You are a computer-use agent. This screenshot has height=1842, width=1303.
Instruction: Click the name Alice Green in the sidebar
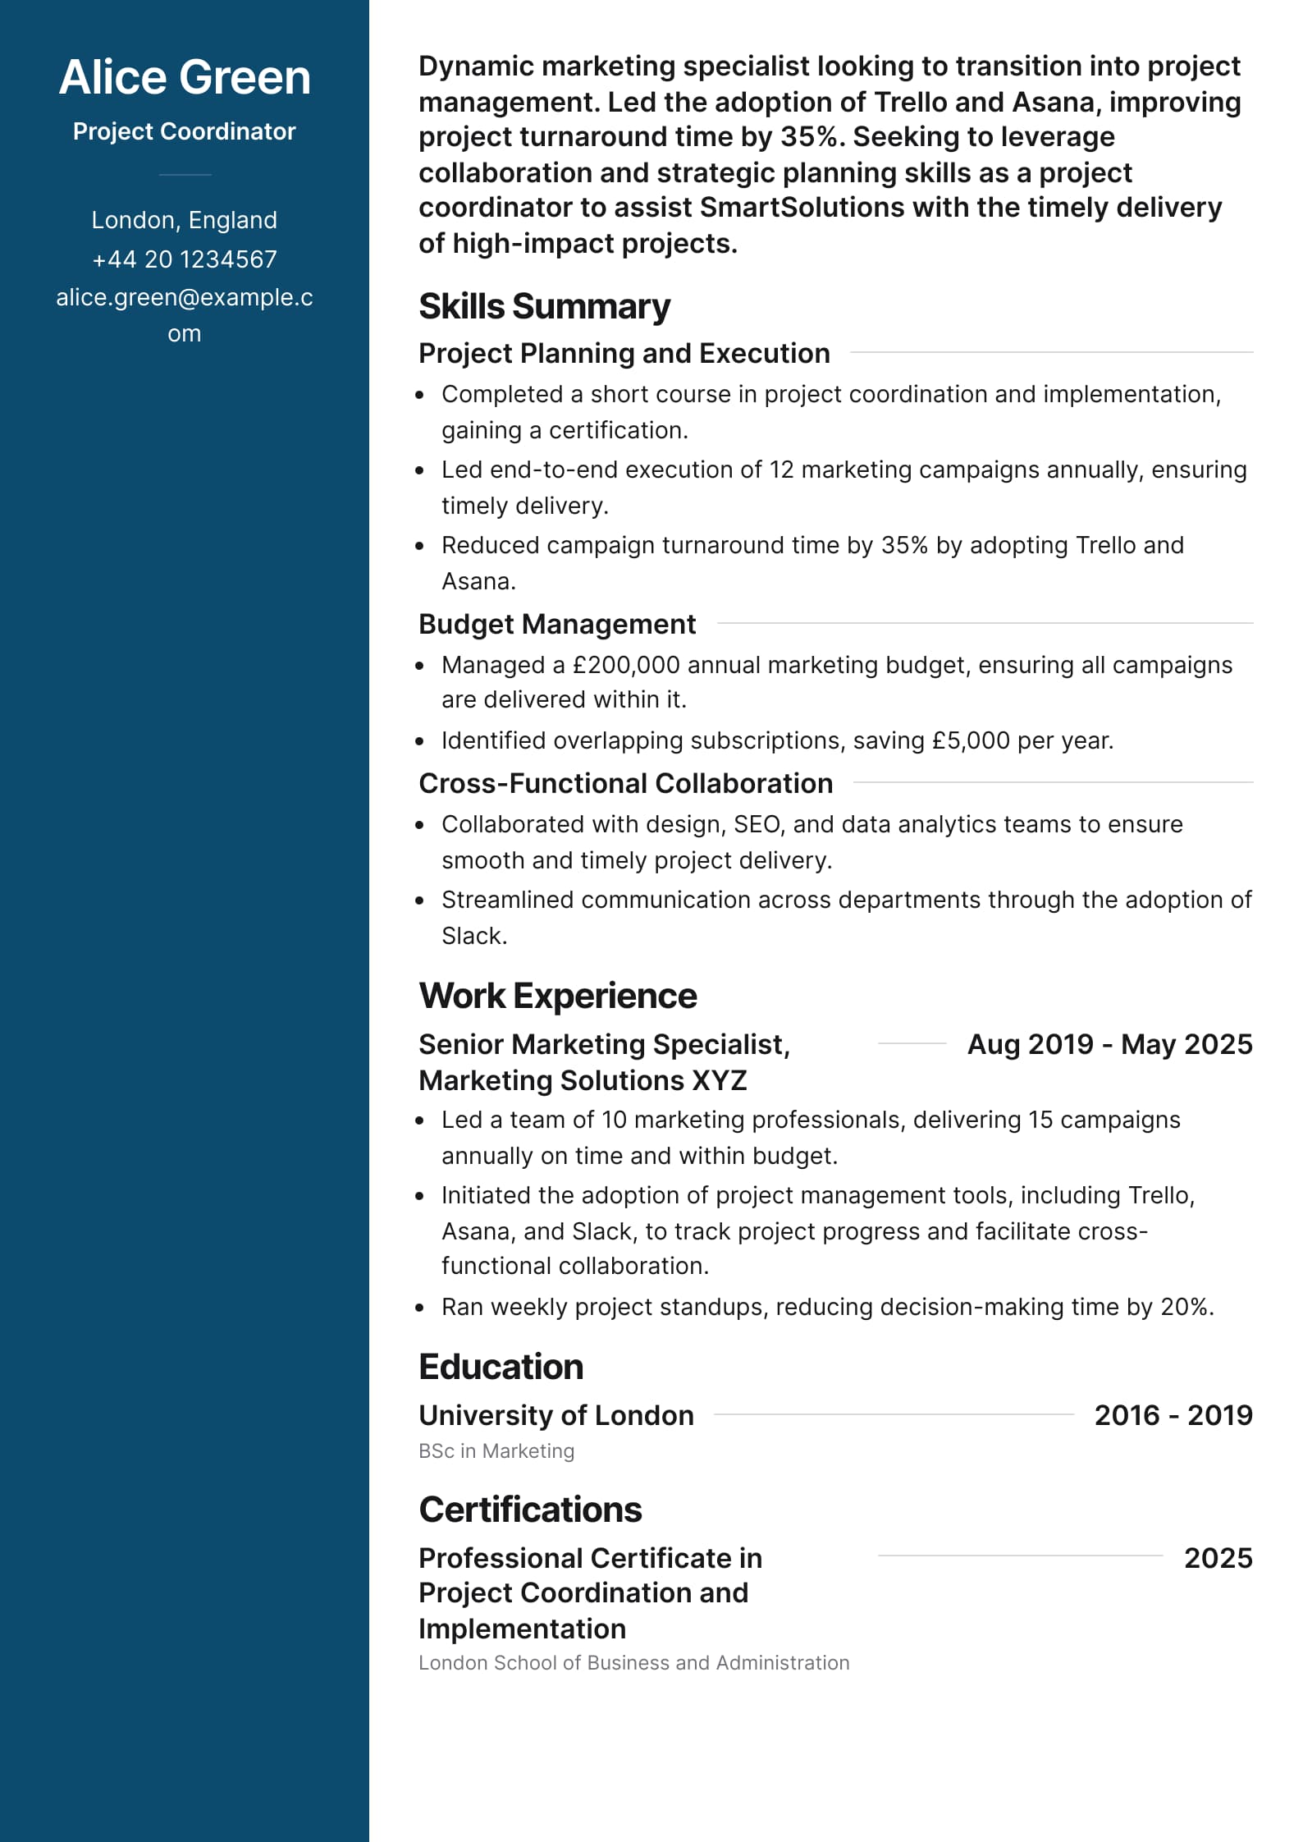coord(185,77)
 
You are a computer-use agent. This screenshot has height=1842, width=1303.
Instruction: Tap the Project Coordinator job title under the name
coord(185,131)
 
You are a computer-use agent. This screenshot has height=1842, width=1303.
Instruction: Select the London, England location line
coord(185,220)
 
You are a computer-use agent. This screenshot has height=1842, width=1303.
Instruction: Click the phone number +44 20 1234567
coord(185,259)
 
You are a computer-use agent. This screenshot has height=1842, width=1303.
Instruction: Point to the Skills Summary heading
coord(544,306)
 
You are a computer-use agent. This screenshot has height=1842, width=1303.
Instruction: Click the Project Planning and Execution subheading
coord(624,353)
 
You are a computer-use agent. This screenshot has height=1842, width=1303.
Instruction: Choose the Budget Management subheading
coord(556,624)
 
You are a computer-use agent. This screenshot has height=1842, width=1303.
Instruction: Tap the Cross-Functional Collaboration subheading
coord(625,783)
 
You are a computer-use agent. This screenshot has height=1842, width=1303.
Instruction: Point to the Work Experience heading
coord(557,996)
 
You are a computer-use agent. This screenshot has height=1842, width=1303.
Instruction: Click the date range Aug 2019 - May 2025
coord(1109,1044)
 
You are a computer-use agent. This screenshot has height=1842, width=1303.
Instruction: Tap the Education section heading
coord(501,1367)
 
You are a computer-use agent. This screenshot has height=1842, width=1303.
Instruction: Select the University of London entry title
coord(555,1415)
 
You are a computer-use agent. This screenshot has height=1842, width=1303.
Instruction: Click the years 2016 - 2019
coord(1173,1415)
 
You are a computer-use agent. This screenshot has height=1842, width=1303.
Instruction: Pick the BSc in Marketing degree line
coord(496,1451)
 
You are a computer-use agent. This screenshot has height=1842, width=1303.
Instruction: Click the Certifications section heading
coord(530,1510)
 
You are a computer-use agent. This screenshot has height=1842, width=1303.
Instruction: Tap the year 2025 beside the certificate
coord(1218,1558)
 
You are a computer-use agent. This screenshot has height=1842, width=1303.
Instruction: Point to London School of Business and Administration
coord(633,1662)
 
